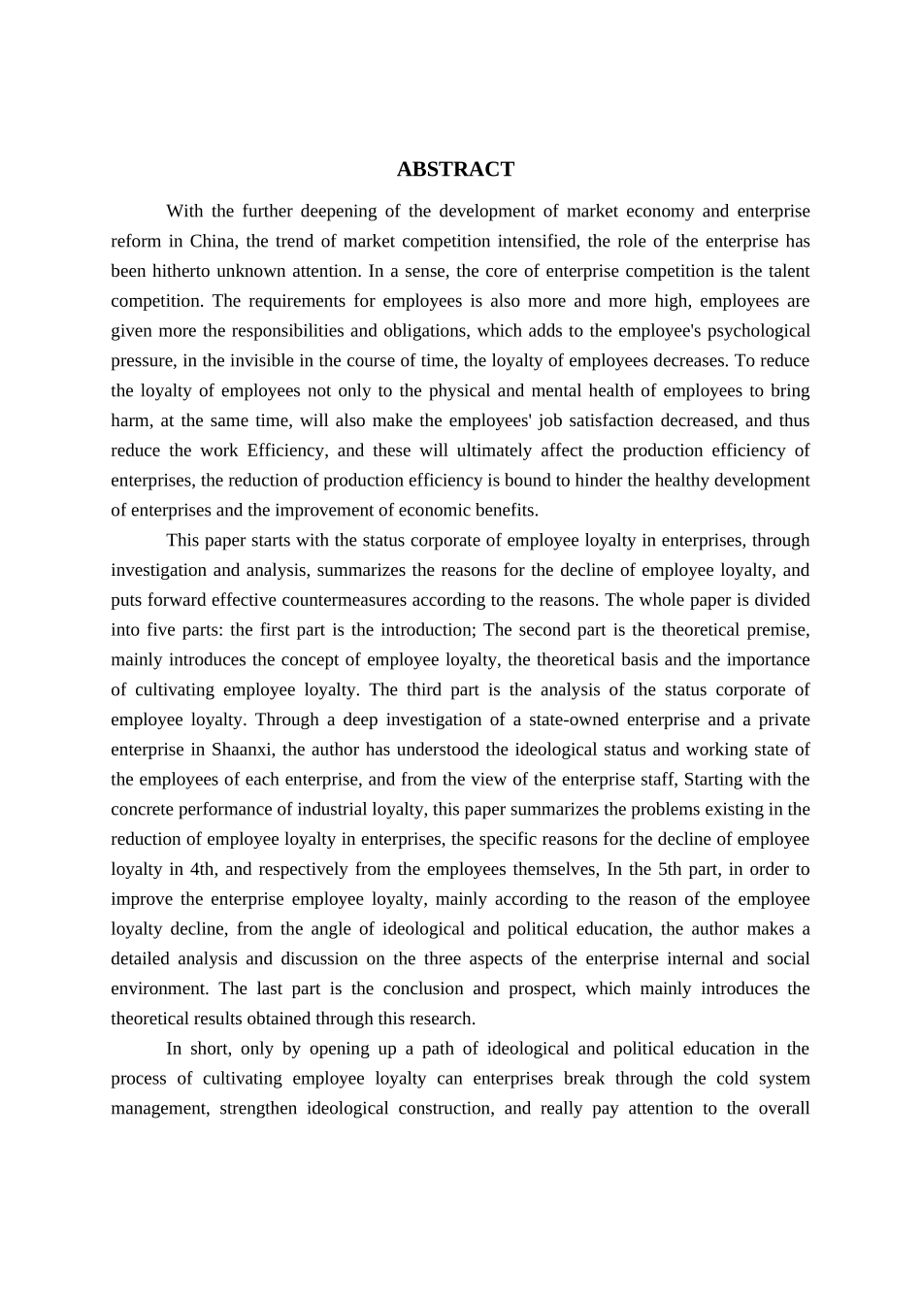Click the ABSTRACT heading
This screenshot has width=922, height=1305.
(455, 170)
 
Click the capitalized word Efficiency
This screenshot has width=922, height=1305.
(287, 451)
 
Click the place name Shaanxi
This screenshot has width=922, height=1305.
(247, 750)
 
